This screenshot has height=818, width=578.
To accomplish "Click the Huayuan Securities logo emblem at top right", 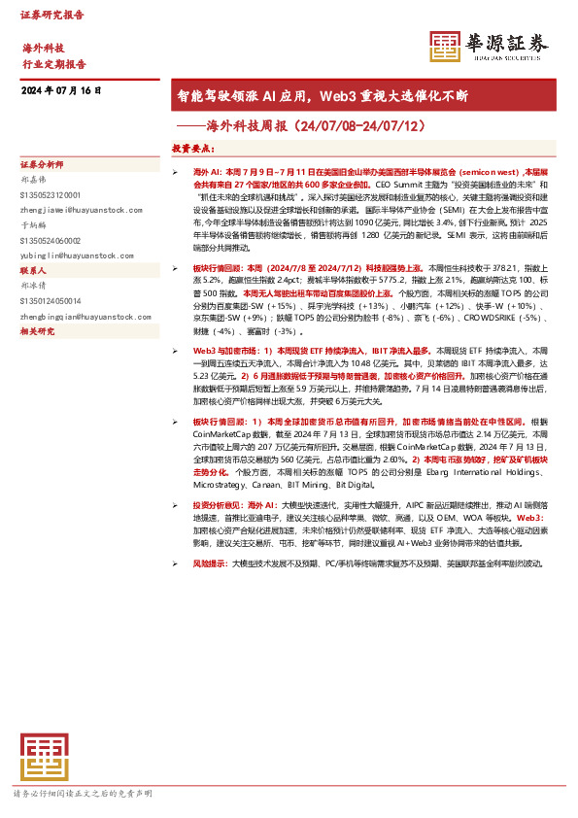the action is tap(445, 46).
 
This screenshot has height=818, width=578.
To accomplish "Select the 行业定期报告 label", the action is tap(54, 64).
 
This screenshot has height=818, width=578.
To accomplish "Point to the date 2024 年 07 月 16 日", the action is tap(61, 90).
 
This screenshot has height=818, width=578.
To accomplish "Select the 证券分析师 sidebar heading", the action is tap(42, 164).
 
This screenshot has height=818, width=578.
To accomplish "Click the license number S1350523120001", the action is tap(56, 194).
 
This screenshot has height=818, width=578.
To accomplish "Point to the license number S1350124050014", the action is tap(56, 301).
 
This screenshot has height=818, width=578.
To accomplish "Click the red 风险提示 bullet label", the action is tap(211, 563).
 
